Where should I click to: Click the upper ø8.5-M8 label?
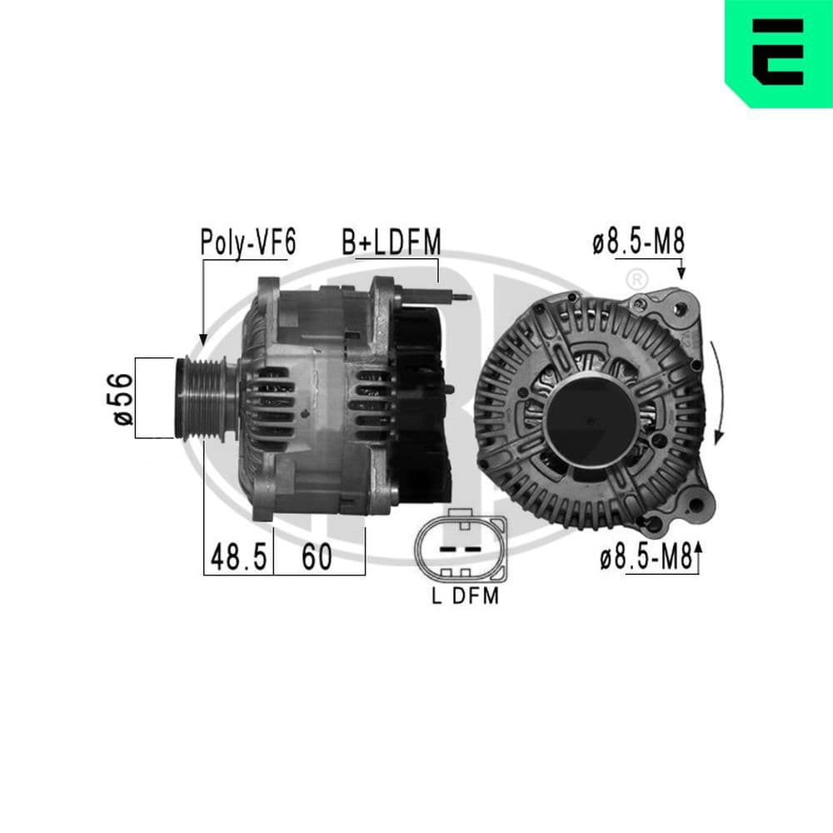[638, 242]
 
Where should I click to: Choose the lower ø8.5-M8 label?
[646, 559]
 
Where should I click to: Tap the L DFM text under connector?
[465, 596]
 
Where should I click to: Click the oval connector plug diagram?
[461, 548]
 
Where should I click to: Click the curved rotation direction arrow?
[718, 392]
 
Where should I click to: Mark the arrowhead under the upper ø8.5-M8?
[681, 272]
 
